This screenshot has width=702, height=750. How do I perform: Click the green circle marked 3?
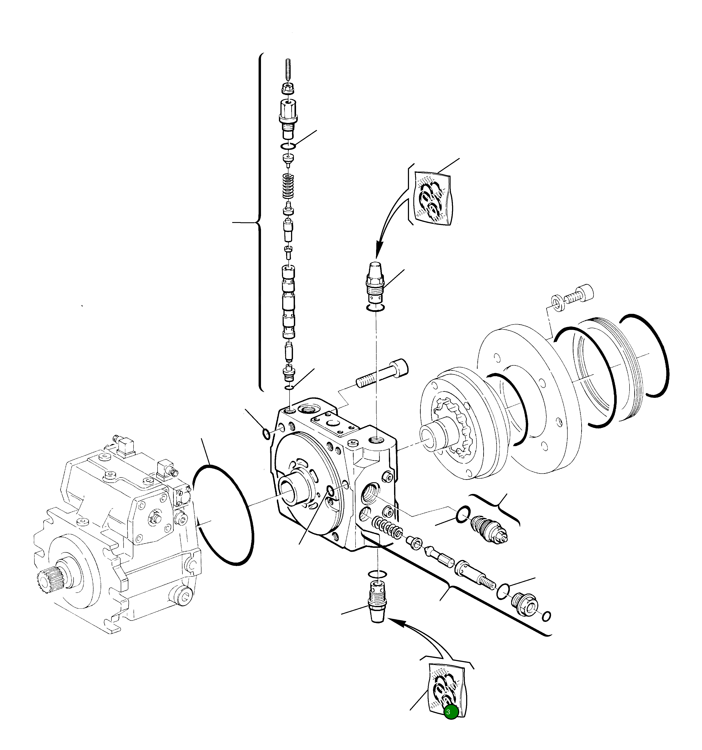point(451,712)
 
